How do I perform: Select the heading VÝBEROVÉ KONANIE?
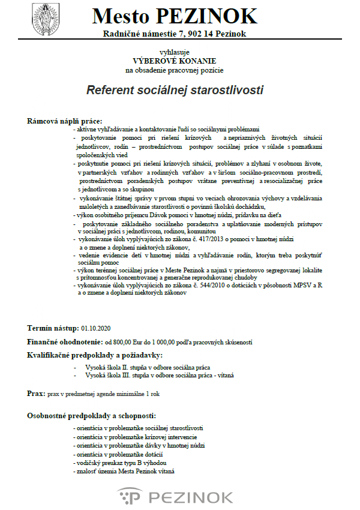[x=175, y=61]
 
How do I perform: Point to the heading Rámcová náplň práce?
[x=65, y=121]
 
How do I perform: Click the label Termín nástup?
[x=53, y=328]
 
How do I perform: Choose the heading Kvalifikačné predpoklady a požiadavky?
[x=95, y=355]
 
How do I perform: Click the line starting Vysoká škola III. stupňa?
[x=160, y=376]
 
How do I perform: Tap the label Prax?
[x=36, y=394]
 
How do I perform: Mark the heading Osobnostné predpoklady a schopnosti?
[x=92, y=415]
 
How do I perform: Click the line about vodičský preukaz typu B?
[x=118, y=463]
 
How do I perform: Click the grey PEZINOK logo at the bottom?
[x=175, y=497]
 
